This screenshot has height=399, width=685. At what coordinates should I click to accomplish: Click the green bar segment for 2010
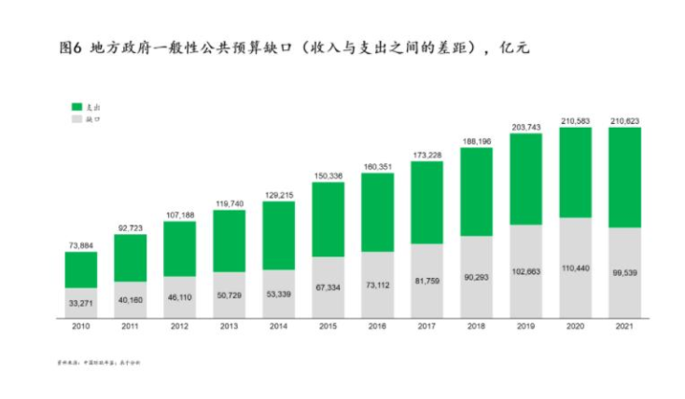81,269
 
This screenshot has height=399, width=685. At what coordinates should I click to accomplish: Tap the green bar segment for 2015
329,219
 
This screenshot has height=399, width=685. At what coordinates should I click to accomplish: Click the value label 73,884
81,244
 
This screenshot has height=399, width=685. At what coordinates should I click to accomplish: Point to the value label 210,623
624,120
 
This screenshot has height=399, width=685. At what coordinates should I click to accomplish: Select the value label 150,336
329,175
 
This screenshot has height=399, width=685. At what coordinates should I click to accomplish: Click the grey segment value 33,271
81,303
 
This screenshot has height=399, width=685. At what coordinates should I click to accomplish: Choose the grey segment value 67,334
329,288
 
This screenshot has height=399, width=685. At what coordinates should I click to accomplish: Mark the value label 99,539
624,273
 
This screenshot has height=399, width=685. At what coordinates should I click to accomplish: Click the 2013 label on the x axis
230,327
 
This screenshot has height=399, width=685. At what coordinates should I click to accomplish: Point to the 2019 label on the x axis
525,327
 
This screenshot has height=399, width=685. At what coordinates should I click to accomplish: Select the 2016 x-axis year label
378,327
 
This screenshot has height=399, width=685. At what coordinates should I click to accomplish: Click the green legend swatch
77,107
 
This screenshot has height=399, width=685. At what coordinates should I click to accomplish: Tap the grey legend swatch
77,119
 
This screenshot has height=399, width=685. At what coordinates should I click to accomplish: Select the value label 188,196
476,142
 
